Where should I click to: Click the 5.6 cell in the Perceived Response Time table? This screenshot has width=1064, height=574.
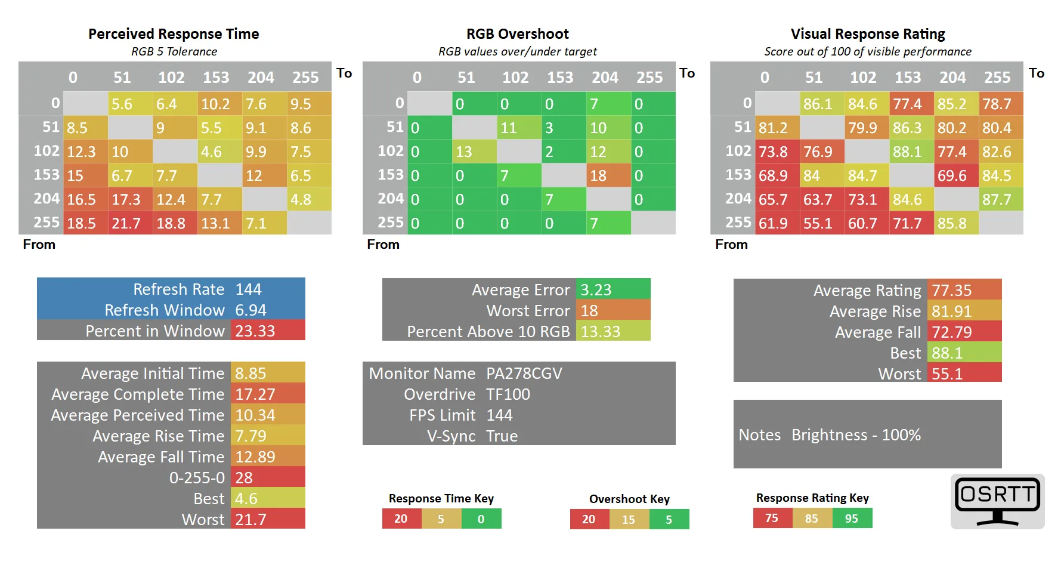click(130, 104)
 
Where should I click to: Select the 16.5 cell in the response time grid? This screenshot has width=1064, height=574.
click(85, 199)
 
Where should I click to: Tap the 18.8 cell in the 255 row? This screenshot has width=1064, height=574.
click(175, 223)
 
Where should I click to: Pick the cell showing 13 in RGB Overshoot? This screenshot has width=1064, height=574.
click(474, 152)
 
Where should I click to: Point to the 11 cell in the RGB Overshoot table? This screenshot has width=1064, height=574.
click(519, 128)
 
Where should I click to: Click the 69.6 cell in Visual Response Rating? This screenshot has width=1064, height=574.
click(956, 175)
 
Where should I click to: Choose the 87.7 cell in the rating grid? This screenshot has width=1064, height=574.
click(1001, 199)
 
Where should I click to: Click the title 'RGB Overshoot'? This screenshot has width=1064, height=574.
click(517, 34)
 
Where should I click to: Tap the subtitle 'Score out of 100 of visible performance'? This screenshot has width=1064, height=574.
click(868, 52)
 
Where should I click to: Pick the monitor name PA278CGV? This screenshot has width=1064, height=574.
click(524, 374)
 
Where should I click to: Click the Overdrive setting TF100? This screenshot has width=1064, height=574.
click(508, 394)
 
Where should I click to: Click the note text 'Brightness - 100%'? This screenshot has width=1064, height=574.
click(856, 435)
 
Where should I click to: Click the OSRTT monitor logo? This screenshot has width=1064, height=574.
click(997, 501)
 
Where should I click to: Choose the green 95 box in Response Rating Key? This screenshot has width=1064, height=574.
click(852, 519)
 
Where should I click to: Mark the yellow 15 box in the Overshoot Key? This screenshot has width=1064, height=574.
click(629, 520)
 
